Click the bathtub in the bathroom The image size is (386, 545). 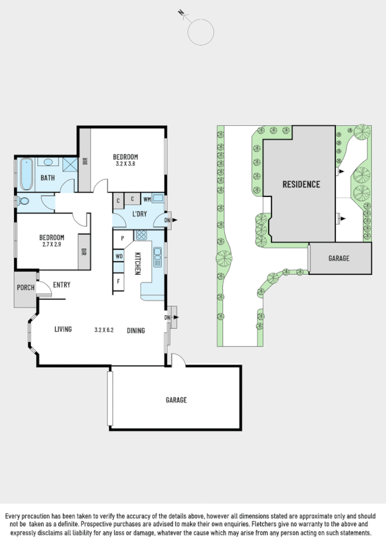point(26,174)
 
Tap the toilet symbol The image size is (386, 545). point(24,201)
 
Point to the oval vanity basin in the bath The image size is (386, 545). point(49,163)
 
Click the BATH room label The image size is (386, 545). point(48,178)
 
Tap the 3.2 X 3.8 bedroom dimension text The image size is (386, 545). point(126,164)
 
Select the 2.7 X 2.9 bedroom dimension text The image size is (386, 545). point(51,245)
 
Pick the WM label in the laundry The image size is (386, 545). point(147,200)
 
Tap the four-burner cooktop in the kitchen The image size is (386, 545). point(141,235)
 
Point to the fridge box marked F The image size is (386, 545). point(119,281)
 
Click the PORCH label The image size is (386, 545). point(26,288)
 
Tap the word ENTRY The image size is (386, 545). point(62,285)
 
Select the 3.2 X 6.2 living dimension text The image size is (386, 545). point(103,330)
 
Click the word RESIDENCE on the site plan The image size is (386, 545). point(301,184)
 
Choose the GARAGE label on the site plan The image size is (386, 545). point(338,258)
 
